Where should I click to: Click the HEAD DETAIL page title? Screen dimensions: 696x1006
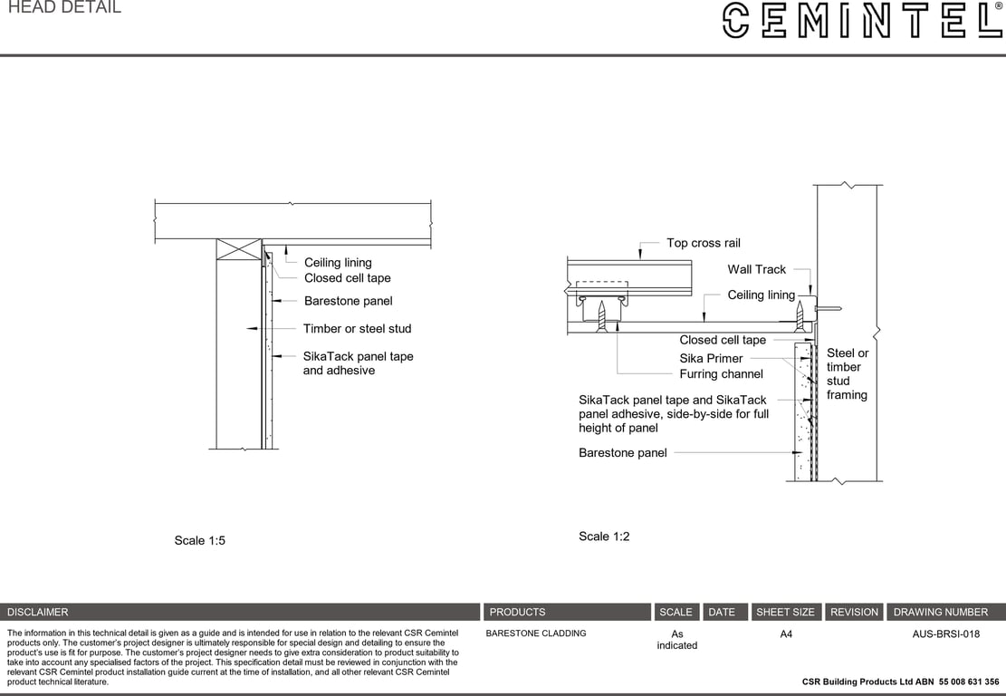(x=63, y=8)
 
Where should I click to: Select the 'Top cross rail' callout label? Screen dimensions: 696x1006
(x=703, y=243)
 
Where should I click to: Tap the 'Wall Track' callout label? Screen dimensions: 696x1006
(x=756, y=269)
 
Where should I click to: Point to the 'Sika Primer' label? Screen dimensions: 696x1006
(x=711, y=358)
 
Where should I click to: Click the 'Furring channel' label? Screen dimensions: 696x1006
(x=721, y=373)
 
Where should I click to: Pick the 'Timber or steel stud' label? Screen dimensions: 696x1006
(x=357, y=329)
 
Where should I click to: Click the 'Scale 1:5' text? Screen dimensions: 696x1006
(x=199, y=541)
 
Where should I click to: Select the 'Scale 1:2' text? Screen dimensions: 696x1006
(x=604, y=536)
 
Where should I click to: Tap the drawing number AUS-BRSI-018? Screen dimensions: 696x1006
(x=945, y=634)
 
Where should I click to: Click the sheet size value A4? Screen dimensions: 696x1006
(x=786, y=634)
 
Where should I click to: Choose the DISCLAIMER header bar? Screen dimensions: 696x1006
(x=240, y=612)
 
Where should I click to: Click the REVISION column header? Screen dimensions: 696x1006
(x=854, y=612)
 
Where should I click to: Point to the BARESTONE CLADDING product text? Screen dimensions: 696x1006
(x=536, y=633)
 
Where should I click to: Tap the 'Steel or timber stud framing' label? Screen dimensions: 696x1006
(x=847, y=373)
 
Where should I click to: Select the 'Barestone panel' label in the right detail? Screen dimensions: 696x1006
(x=622, y=453)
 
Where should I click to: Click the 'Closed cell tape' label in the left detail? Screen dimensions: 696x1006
(x=347, y=278)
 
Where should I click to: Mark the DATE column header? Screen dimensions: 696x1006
(x=722, y=612)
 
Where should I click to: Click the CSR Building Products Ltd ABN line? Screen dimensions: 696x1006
(x=900, y=681)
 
